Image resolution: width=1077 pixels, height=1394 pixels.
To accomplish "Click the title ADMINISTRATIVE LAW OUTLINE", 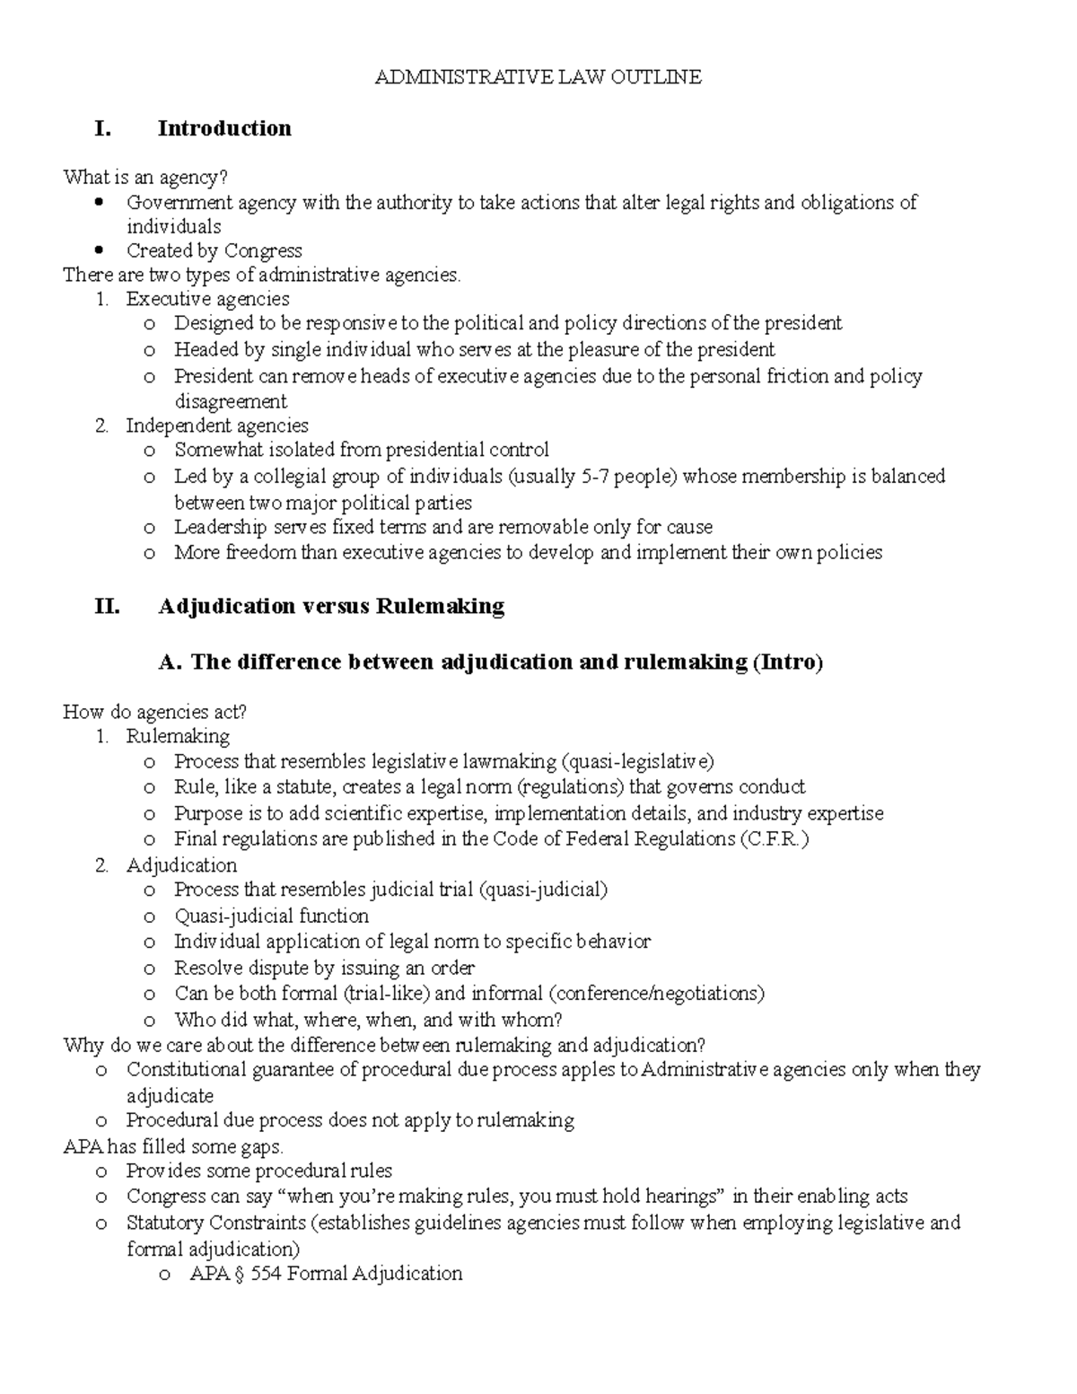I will pos(538,77).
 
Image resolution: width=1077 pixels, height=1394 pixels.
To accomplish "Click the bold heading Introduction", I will pos(224,128).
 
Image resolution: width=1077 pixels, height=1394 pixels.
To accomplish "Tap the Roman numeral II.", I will pos(106,606).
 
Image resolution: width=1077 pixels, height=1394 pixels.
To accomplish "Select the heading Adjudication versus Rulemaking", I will pos(330,606).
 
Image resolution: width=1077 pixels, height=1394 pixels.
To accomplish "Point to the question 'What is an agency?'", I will pos(139,177).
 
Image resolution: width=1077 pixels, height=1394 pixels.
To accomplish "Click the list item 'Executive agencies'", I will pos(207,298).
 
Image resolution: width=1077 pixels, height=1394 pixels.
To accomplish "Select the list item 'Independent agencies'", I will pos(216,425).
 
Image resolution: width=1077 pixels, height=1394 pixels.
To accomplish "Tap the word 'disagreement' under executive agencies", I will pos(231,401).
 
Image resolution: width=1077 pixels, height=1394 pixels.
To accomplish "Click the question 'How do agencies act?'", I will pos(154,712).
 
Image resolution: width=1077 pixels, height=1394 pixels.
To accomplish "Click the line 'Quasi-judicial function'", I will pos(271,916).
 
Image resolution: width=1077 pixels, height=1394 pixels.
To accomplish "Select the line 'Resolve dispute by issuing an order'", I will pos(324,968).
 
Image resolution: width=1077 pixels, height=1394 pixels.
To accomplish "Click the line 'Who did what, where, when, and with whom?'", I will pos(368,1019).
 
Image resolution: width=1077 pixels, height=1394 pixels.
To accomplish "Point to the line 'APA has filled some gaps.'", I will pos(173,1146).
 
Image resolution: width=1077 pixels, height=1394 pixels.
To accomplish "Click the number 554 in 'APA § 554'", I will pos(267,1273).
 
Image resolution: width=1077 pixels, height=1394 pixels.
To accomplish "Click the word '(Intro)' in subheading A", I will pos(787,662).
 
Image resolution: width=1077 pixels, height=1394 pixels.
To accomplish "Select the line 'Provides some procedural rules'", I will pos(258,1170).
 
